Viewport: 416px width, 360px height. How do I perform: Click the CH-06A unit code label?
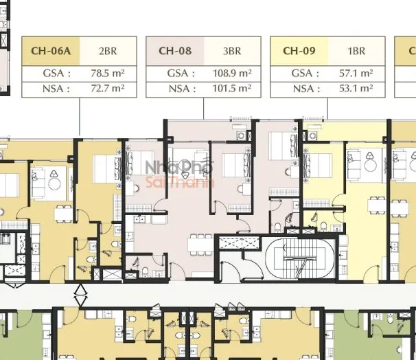[x=51, y=51]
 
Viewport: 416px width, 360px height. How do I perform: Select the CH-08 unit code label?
[x=175, y=51]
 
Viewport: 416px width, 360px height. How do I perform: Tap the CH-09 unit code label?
[x=299, y=51]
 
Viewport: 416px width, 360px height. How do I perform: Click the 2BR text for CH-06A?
[x=108, y=51]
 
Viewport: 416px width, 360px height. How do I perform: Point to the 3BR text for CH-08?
[x=232, y=51]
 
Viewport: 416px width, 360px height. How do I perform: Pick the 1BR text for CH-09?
[x=356, y=51]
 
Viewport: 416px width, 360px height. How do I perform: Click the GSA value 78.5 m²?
[x=108, y=73]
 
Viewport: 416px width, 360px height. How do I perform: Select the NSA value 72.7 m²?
[x=108, y=89]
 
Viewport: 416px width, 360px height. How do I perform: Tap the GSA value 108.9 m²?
[x=232, y=73]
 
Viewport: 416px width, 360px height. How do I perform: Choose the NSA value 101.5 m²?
[x=232, y=89]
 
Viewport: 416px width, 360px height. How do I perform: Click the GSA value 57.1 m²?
[x=356, y=73]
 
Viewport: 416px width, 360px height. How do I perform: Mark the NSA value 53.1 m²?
[x=356, y=89]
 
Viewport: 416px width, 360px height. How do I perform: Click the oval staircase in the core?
[x=300, y=259]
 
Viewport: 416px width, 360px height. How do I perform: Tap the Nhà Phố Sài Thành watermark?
[x=180, y=173]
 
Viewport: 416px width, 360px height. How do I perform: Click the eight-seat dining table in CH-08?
[x=201, y=245]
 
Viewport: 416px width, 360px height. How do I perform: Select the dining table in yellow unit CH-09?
[x=377, y=205]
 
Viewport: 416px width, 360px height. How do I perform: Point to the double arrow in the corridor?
[x=80, y=295]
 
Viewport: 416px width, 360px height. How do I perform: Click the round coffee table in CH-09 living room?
[x=370, y=165]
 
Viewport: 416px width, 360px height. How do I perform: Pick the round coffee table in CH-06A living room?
[x=54, y=183]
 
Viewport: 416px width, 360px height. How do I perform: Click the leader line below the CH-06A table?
[x=80, y=117]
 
